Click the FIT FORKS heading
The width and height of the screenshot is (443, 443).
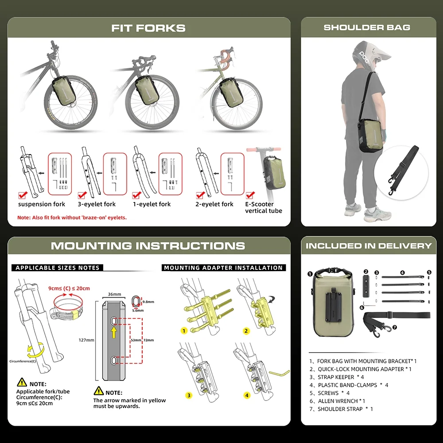tap(148, 28)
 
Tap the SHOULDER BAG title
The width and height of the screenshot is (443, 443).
tap(367, 27)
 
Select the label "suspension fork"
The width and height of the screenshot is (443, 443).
tap(42, 204)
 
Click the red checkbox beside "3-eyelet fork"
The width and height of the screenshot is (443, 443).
tap(82, 195)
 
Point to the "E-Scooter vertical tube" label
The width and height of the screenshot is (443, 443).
tap(264, 207)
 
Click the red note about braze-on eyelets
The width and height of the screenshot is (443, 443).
tap(72, 218)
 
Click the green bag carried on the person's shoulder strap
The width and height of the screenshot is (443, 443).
tap(371, 135)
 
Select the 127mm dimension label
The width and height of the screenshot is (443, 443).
tap(86, 340)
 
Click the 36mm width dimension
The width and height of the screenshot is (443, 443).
tap(114, 294)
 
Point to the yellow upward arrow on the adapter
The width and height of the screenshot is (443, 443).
tap(113, 332)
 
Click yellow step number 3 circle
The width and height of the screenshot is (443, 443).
tap(189, 395)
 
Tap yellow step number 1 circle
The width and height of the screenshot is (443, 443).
tap(184, 330)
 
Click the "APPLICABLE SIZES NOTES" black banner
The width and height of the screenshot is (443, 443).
tap(57, 268)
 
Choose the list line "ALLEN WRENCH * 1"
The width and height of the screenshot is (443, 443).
tap(337, 401)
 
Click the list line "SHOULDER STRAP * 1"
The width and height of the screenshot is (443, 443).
tap(341, 409)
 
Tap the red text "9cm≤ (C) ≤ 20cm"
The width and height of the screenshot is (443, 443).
tap(69, 288)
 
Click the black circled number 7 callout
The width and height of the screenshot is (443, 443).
tap(395, 327)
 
